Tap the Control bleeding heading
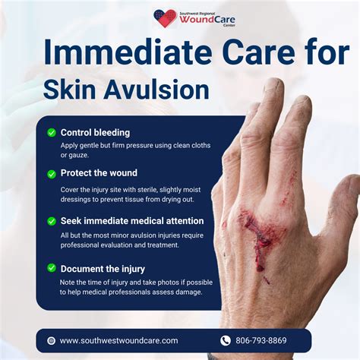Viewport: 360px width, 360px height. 95,132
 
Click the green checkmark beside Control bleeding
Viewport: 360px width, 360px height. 51,132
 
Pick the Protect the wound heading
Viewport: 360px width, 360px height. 99,173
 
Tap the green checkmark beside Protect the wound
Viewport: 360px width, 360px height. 51,174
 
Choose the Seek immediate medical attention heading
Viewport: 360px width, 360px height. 131,221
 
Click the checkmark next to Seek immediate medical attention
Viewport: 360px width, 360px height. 51,221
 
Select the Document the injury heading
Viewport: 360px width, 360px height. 103,268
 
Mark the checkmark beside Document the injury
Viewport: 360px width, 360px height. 51,268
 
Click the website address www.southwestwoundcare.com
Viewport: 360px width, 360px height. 118,341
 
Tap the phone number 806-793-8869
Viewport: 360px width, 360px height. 261,341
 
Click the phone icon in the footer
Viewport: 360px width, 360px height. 225,341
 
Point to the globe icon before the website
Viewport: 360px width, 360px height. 51,341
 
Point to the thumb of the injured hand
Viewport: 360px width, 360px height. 343,213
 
